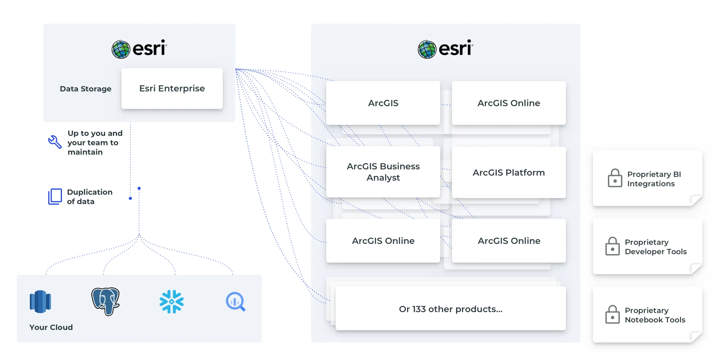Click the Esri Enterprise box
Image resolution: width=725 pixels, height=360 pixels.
click(172, 89)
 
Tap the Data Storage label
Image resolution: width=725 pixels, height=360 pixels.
click(85, 89)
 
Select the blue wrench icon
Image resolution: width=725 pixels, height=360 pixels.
click(55, 142)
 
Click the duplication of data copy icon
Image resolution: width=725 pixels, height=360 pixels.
click(55, 197)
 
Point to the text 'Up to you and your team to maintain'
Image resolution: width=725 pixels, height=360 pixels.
click(95, 143)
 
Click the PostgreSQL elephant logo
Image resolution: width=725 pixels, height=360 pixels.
click(105, 301)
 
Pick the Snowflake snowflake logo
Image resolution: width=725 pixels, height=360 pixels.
click(172, 301)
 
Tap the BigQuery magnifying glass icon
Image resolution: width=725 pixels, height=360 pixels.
click(235, 301)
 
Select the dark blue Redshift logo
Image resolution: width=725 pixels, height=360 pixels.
click(40, 301)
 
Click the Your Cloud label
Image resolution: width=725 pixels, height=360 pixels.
click(51, 327)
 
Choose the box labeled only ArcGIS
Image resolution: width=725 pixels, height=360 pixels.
click(383, 103)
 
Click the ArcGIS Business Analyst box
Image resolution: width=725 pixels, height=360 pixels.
click(383, 172)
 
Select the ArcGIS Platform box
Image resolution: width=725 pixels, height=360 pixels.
click(509, 172)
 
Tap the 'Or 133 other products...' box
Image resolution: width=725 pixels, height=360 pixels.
click(450, 309)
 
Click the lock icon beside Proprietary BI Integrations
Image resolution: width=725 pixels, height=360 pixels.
click(615, 178)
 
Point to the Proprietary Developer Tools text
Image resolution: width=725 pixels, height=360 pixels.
click(656, 247)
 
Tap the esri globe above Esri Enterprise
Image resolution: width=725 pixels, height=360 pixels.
click(121, 49)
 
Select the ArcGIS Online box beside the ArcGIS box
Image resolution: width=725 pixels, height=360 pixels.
click(509, 103)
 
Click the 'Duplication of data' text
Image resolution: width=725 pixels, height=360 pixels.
click(90, 197)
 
